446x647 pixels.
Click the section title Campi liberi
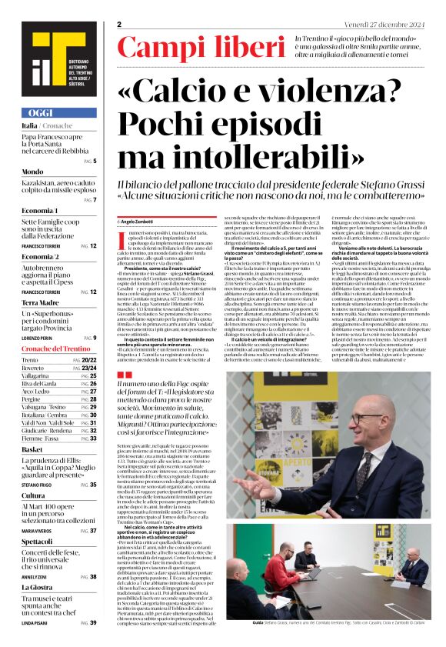(201, 48)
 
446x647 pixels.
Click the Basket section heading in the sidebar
(32, 449)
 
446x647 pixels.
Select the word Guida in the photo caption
(235, 622)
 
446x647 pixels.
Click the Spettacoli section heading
(38, 541)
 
